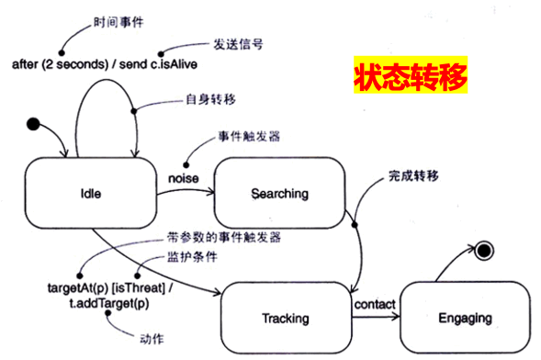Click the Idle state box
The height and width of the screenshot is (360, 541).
(90, 194)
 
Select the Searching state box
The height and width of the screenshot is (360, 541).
(280, 193)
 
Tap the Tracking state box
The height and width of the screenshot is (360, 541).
(286, 318)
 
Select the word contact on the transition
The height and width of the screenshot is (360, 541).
(375, 304)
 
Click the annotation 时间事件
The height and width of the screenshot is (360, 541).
(119, 20)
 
